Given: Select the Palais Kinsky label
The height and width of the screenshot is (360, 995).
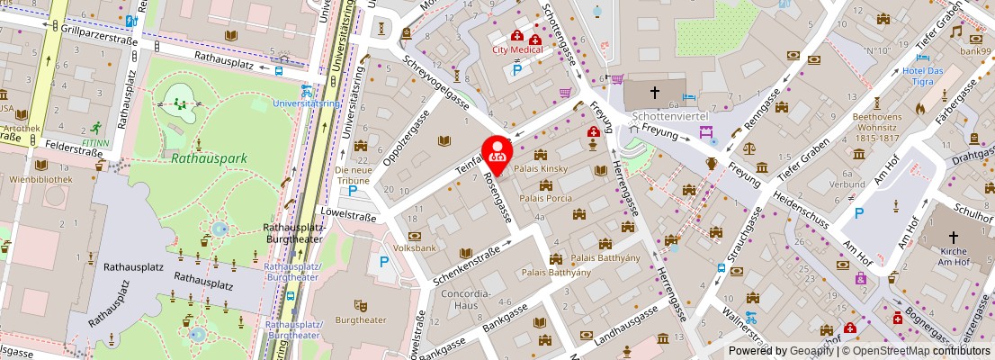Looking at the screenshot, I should click(540, 168).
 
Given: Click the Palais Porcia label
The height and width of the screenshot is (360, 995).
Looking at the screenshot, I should click(545, 198).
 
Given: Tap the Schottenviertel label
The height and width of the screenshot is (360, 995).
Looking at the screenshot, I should click(671, 117).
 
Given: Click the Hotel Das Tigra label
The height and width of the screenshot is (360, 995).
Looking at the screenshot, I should click(923, 76).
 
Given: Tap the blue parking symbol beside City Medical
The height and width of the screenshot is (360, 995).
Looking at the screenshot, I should click(517, 69).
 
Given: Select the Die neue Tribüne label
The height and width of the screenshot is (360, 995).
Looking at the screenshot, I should click(353, 175).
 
